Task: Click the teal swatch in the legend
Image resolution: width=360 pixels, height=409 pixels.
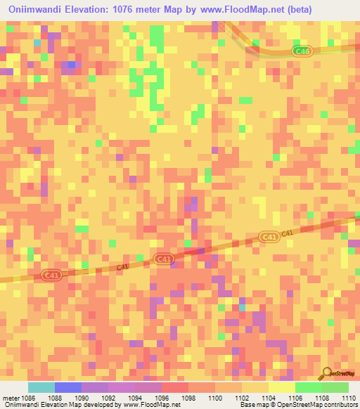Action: click(x=41, y=387)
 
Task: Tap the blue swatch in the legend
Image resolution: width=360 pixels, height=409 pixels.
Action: click(x=68, y=387)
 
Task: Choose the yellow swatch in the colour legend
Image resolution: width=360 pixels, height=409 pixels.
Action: click(x=282, y=387)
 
